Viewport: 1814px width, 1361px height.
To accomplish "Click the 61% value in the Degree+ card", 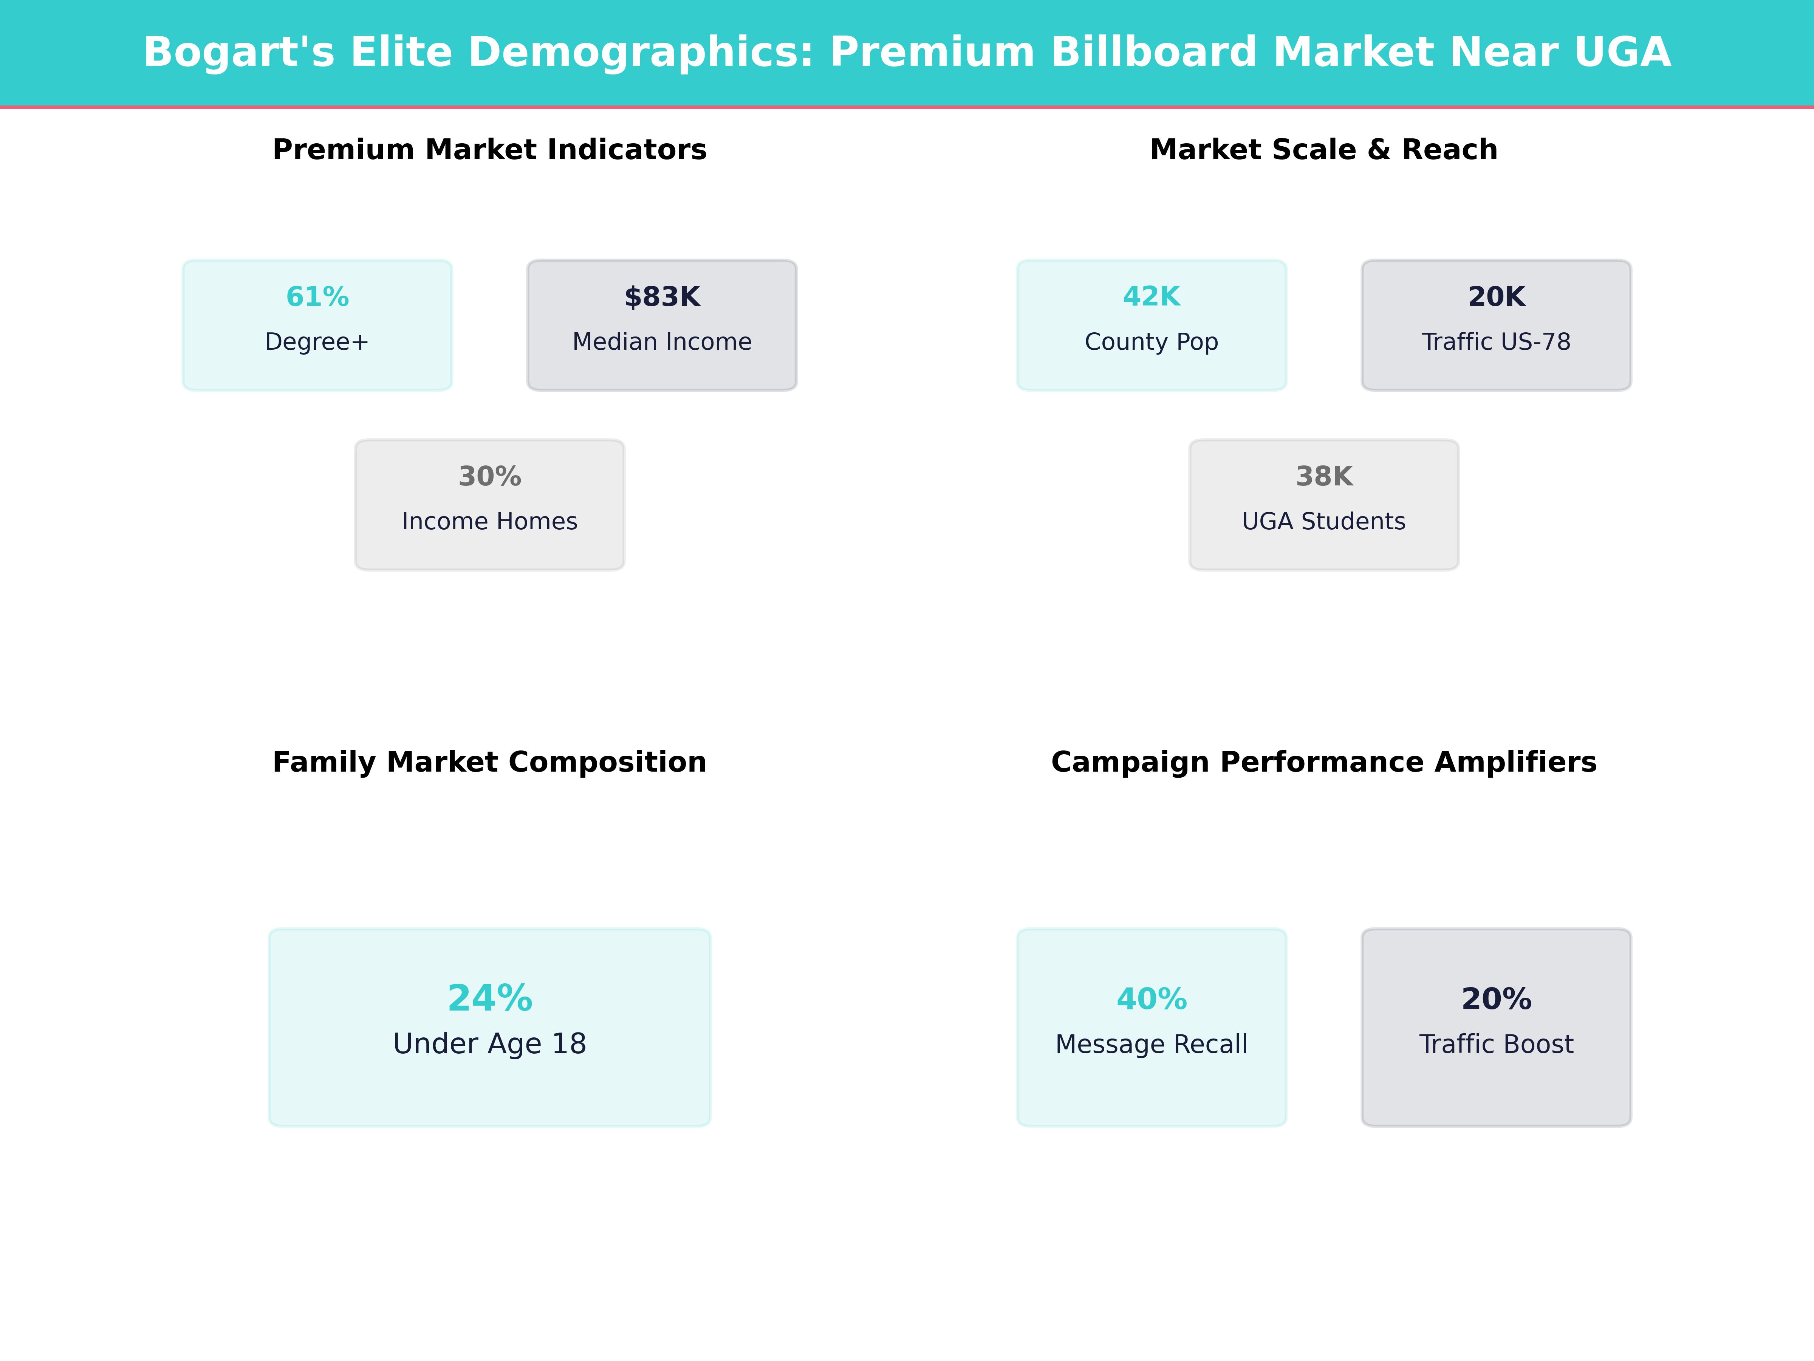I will [x=317, y=297].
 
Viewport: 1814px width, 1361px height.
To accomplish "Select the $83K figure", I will [x=662, y=297].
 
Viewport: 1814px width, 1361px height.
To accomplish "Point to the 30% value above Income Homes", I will [x=489, y=477].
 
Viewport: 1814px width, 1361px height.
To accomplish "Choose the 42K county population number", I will [x=1152, y=297].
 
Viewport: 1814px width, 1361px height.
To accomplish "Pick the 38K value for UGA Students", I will [x=1323, y=477].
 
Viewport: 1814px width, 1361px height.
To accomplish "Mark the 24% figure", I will [x=489, y=998].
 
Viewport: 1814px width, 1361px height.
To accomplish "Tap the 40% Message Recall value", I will [x=1152, y=999].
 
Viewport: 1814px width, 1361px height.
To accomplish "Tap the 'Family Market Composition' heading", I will [x=489, y=762].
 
